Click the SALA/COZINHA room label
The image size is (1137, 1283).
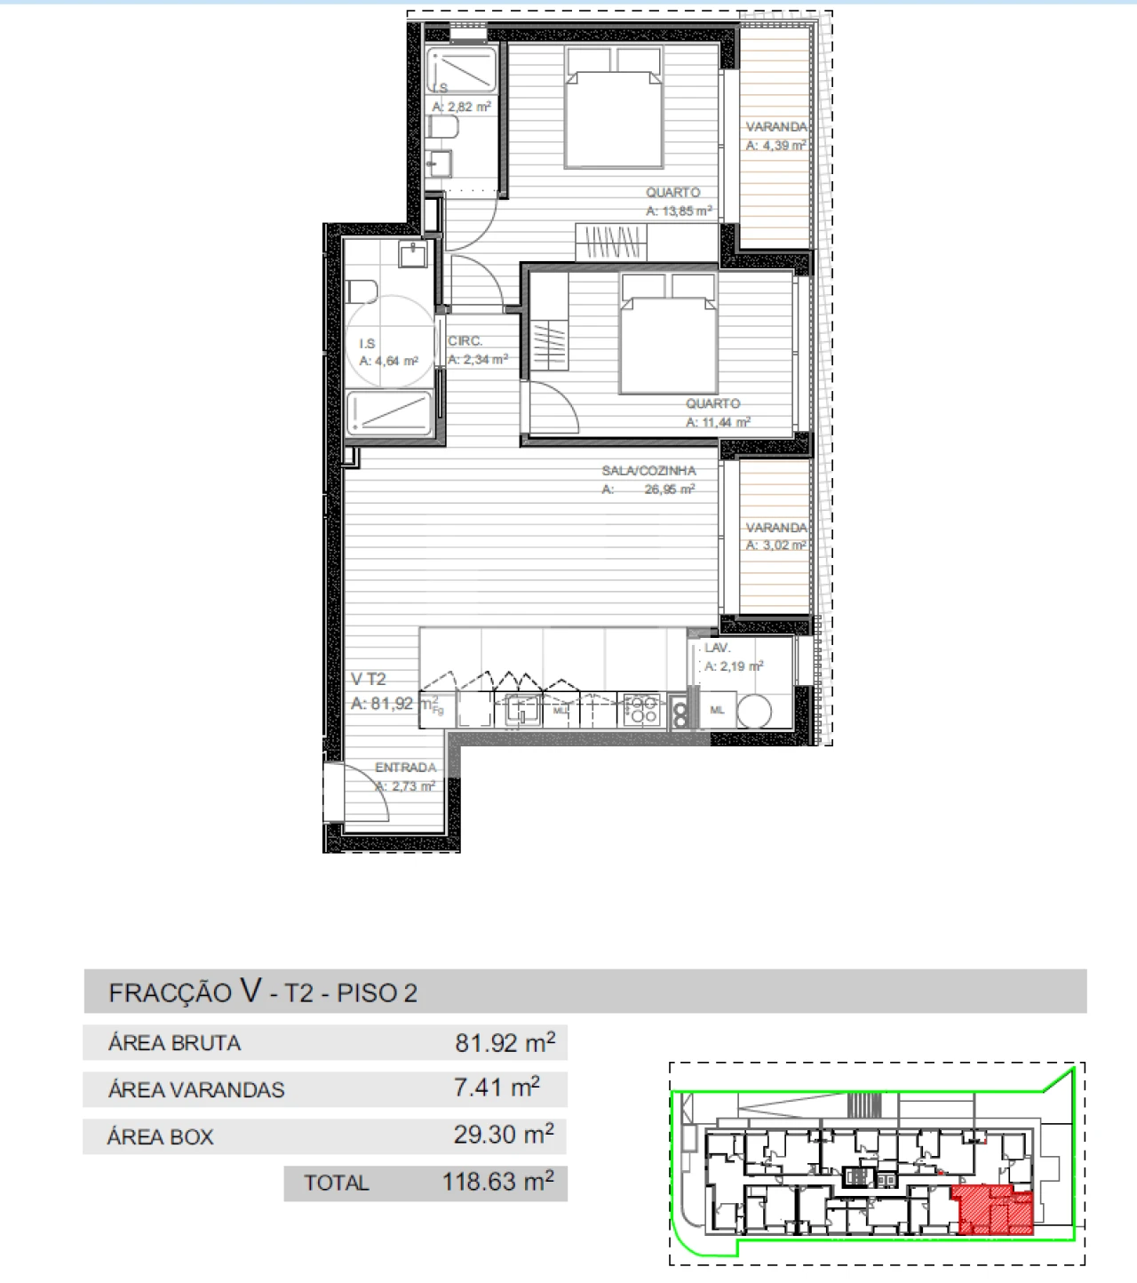click(648, 471)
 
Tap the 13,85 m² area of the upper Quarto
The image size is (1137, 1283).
click(679, 211)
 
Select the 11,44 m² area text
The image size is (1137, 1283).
click(718, 423)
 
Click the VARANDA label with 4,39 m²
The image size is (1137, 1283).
click(776, 127)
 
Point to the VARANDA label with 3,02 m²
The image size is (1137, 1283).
click(776, 528)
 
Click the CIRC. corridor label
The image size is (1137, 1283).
click(465, 341)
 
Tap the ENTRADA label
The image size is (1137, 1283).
click(406, 768)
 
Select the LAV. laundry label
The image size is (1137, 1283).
click(718, 649)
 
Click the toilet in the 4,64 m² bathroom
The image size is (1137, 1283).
click(362, 291)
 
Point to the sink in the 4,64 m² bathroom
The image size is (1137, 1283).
click(413, 255)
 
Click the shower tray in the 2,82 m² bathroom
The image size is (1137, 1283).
click(462, 70)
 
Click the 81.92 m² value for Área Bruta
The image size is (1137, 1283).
click(505, 1042)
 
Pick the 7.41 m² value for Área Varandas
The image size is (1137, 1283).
click(497, 1088)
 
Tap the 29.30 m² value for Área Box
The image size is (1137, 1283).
click(504, 1135)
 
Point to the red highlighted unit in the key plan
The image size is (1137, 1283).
click(995, 1211)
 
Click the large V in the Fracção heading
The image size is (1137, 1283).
click(250, 991)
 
